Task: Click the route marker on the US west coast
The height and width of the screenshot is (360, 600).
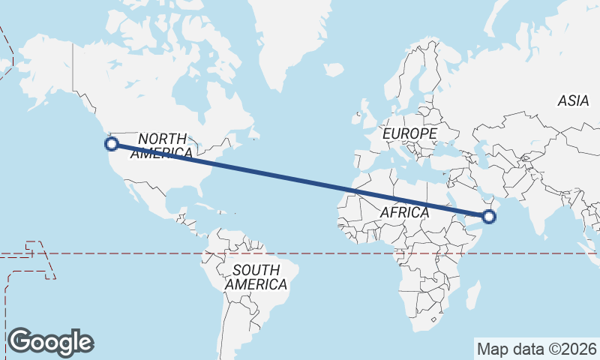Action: [x=112, y=143]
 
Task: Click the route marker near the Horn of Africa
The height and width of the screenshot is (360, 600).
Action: [x=490, y=217]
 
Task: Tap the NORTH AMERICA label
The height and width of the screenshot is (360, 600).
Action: [x=162, y=145]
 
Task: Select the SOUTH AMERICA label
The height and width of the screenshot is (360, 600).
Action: [x=256, y=277]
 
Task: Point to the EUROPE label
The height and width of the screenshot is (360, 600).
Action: [x=409, y=133]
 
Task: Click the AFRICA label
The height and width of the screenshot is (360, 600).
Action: [x=404, y=212]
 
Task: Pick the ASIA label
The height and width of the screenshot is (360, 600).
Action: [x=574, y=101]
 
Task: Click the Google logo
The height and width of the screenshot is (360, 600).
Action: [x=50, y=341]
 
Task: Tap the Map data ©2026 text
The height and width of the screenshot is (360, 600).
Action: [x=536, y=349]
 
